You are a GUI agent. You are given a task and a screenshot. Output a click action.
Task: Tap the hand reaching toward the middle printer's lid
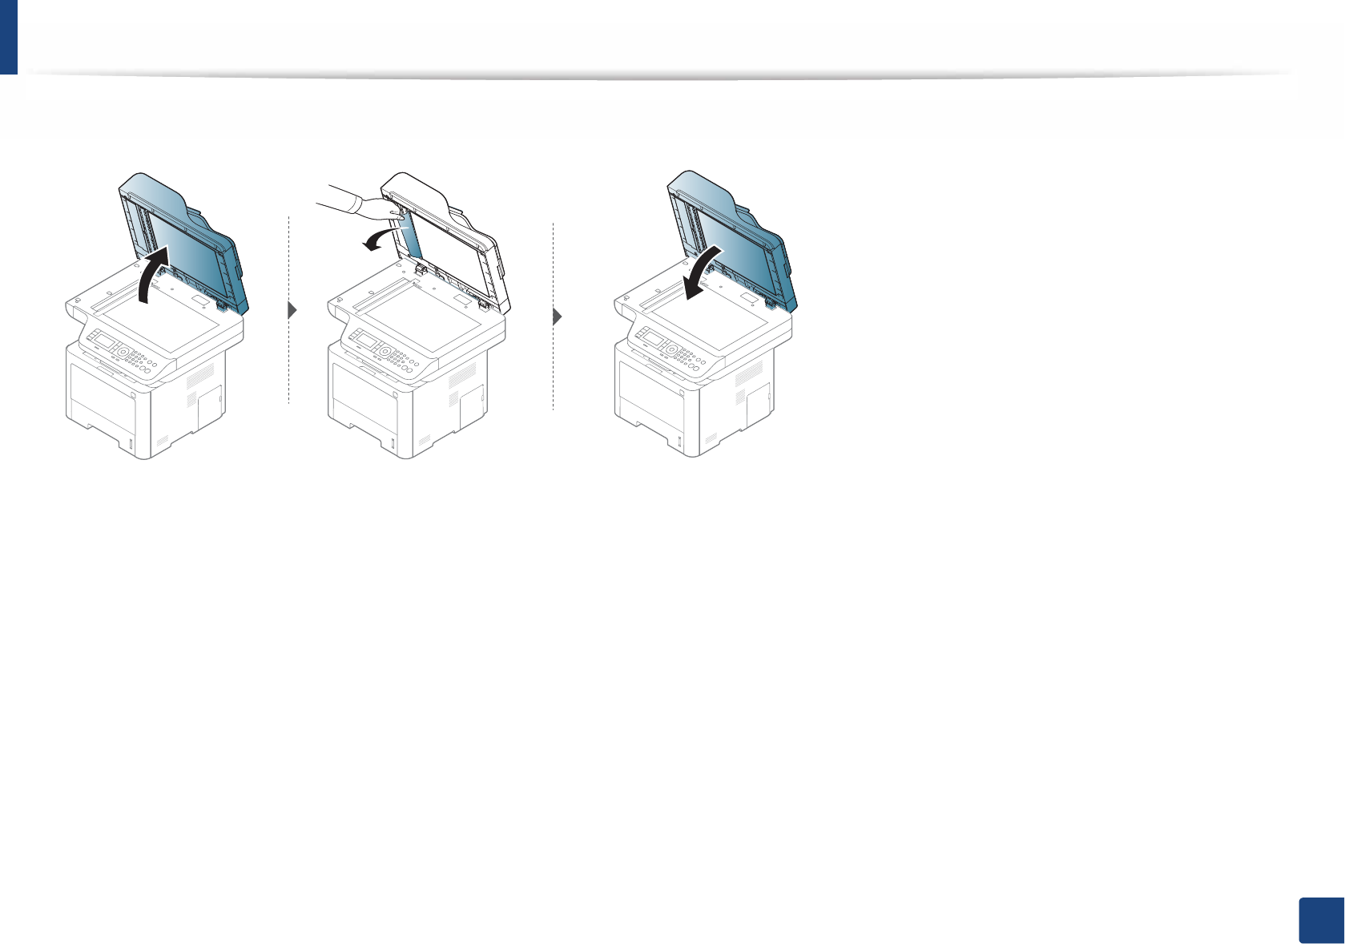point(360,204)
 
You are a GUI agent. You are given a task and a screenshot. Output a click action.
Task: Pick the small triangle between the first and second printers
point(292,311)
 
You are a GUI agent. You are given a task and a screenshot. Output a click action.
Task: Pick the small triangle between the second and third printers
point(558,317)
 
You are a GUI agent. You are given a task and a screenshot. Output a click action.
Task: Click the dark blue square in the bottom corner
point(1319,919)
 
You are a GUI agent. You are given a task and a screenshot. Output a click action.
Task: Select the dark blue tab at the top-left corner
point(8,36)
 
